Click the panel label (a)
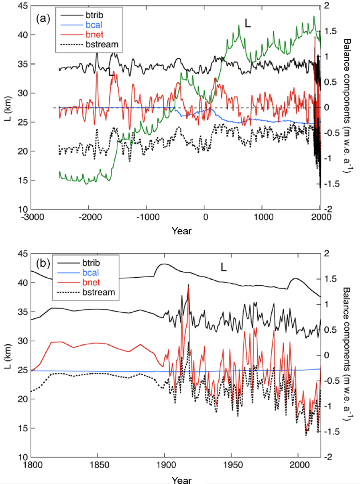click(x=43, y=18)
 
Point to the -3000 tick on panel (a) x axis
click(x=31, y=217)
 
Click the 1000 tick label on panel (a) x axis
click(x=262, y=217)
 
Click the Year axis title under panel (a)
click(x=181, y=231)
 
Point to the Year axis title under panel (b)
click(x=181, y=480)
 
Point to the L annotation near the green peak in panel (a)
click(x=248, y=24)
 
